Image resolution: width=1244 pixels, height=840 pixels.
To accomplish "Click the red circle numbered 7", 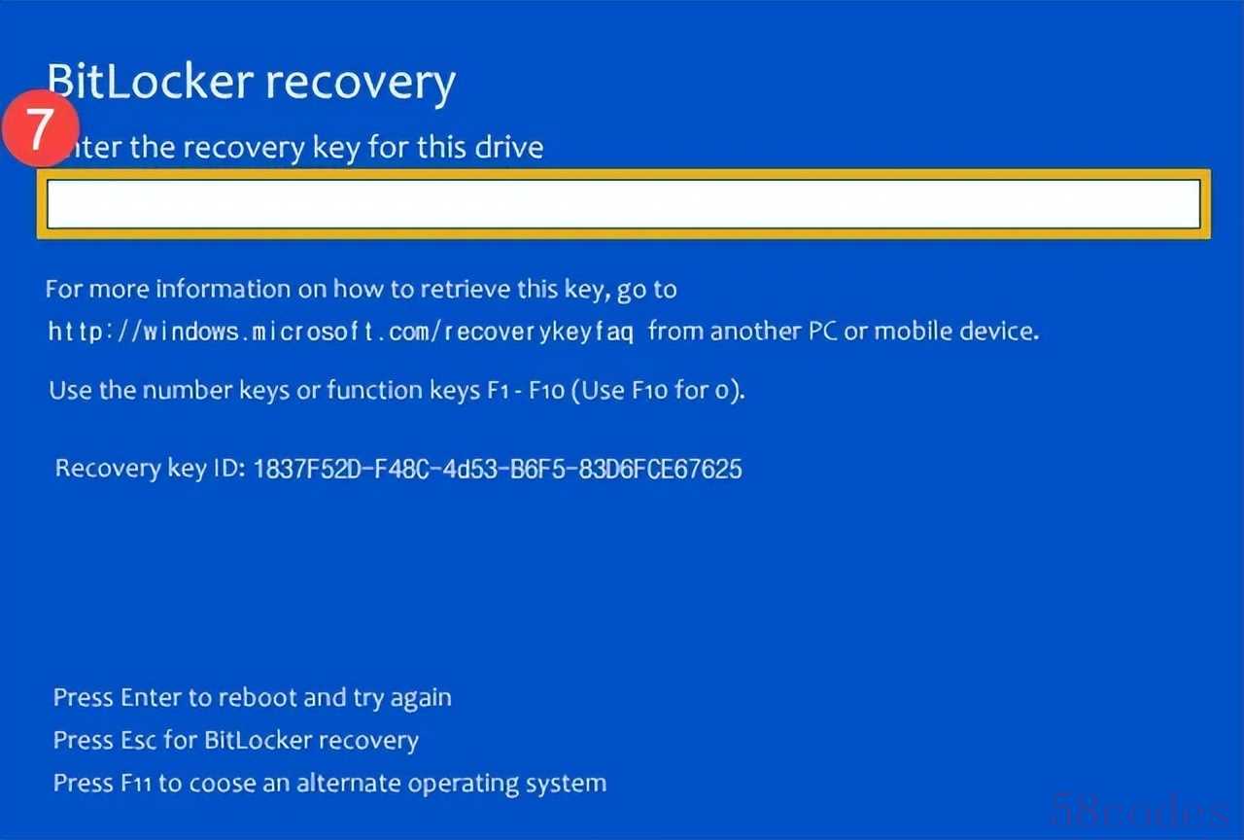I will pos(39,128).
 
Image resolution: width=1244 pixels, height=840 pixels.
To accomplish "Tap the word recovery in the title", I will pos(361,84).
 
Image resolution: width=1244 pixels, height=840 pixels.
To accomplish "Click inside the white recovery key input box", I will pos(622,204).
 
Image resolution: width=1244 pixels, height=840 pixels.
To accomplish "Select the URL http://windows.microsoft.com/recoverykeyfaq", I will pos(341,332).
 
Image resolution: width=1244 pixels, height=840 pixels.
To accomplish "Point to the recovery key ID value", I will pos(497,470).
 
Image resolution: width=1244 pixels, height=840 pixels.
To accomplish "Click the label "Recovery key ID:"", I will pos(150,469).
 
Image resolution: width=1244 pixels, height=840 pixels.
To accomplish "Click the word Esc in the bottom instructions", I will pos(139,741).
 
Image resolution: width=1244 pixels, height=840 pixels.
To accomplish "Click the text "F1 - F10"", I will pos(516,391).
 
